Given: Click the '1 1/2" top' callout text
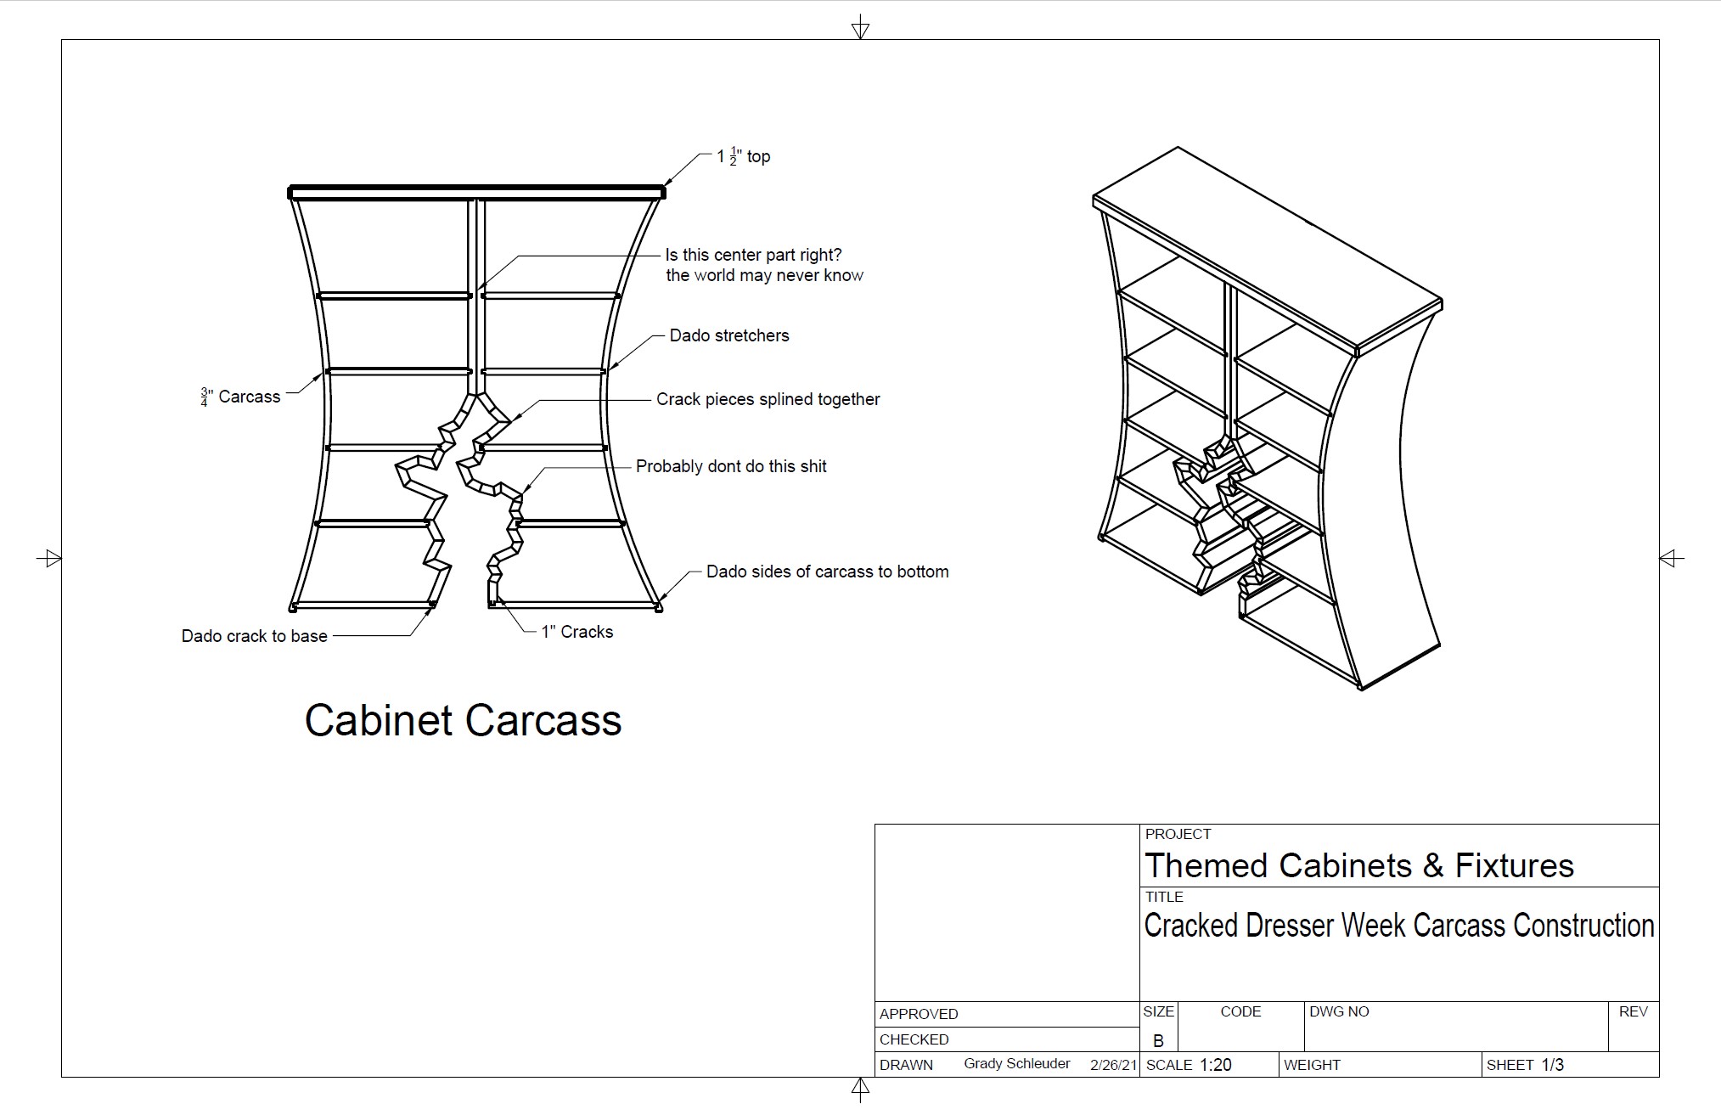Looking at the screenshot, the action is tap(744, 156).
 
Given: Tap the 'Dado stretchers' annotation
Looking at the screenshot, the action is tap(729, 335).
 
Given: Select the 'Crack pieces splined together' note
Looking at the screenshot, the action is tap(768, 399).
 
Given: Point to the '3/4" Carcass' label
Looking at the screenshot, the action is tap(240, 397).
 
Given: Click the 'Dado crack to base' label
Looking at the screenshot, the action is tap(255, 636).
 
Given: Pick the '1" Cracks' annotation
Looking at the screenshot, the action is tap(577, 632).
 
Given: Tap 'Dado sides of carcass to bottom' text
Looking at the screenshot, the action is tap(828, 572).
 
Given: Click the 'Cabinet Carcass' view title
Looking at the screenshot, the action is tap(463, 720).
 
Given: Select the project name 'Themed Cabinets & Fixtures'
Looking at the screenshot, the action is tap(1359, 865).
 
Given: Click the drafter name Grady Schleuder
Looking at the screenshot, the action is tap(1017, 1064).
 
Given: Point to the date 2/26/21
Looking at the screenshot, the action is tap(1113, 1065).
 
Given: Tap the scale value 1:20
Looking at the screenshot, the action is tap(1215, 1065).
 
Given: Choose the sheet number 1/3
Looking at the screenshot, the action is tap(1553, 1065).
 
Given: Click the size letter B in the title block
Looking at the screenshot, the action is tap(1158, 1041).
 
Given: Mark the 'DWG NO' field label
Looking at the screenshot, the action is tap(1340, 1011).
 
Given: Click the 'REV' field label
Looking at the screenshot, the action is tap(1634, 1011).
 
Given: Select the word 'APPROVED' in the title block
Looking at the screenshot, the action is tap(919, 1014).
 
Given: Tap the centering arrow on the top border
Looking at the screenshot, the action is tap(860, 28).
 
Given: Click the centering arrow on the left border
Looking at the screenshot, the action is tap(49, 558).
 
